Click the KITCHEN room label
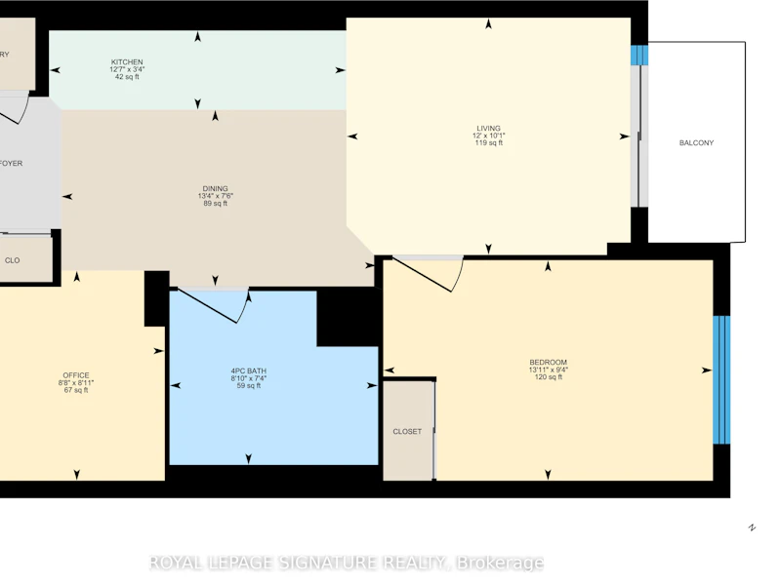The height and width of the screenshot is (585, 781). [x=127, y=62]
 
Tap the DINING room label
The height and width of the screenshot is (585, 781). [x=215, y=188]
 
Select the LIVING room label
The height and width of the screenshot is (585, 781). [x=489, y=129]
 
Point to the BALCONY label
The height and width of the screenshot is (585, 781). [x=696, y=142]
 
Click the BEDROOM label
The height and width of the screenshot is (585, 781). [x=548, y=362]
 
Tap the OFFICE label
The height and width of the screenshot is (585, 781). [x=76, y=375]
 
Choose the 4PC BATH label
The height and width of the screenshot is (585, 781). [x=249, y=371]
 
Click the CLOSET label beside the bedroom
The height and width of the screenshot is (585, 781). [x=407, y=432]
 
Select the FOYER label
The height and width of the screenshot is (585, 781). [x=11, y=163]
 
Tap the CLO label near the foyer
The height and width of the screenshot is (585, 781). [x=13, y=260]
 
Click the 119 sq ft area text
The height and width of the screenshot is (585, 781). [x=489, y=143]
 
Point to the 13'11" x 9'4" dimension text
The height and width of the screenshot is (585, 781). [x=548, y=370]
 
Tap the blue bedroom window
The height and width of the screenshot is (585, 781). [x=721, y=379]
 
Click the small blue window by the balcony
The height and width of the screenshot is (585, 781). [x=639, y=56]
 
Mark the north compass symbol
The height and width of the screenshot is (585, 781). [x=752, y=527]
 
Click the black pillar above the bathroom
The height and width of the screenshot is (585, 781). [x=348, y=316]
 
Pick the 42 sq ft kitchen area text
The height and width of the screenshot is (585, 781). [x=127, y=77]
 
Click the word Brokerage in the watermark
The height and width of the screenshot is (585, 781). [x=500, y=564]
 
